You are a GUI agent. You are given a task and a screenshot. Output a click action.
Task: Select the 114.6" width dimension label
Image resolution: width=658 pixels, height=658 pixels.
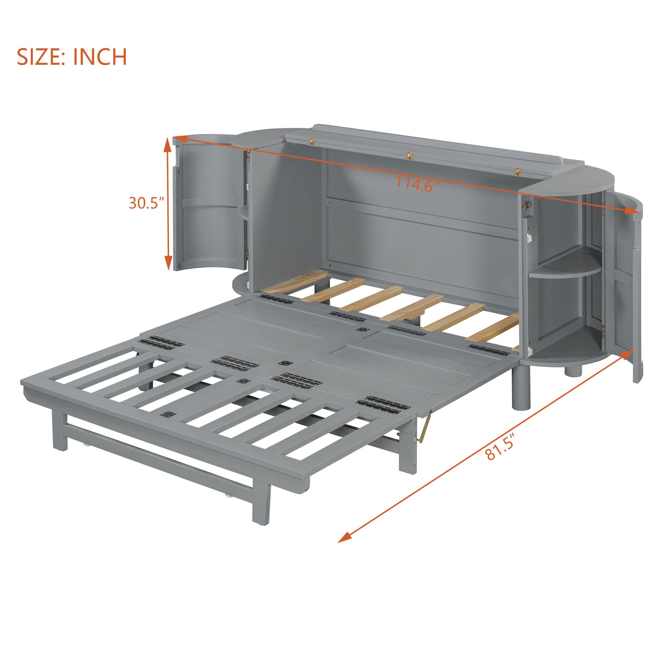coord(417,183)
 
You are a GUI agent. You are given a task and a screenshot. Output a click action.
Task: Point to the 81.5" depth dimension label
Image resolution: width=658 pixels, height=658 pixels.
coord(500,449)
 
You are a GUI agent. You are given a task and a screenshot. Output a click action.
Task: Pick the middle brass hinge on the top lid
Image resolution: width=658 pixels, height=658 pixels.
coord(409,156)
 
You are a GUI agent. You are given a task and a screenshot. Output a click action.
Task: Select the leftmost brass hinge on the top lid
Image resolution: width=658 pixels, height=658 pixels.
coord(312,141)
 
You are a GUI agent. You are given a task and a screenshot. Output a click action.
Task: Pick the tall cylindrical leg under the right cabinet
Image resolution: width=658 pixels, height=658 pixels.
coord(521,391)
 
